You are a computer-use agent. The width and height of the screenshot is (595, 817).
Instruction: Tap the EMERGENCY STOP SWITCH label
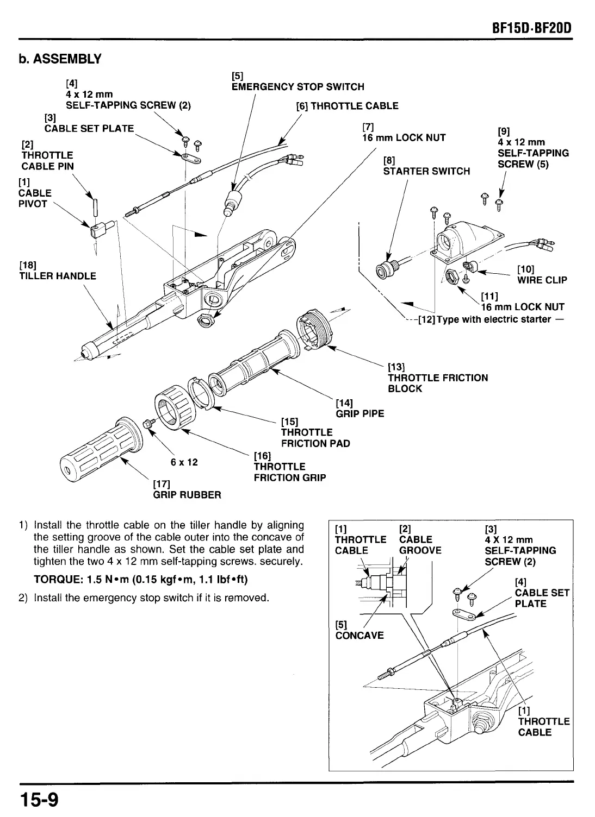297,87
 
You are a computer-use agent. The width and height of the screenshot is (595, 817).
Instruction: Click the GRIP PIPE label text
360,413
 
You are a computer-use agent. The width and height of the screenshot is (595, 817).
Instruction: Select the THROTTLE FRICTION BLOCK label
437,383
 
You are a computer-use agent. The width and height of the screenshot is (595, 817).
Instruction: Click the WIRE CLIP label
542,280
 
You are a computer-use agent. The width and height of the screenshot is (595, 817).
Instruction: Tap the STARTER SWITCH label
426,171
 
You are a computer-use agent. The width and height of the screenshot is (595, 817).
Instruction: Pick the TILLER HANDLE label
58,276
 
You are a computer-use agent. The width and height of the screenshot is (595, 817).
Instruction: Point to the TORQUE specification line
140,580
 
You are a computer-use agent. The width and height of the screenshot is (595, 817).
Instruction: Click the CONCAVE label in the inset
359,635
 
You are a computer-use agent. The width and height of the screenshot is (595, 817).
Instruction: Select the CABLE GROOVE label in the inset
420,550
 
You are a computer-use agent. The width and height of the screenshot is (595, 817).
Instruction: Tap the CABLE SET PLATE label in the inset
541,598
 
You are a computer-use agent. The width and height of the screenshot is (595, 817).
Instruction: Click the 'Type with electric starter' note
489,319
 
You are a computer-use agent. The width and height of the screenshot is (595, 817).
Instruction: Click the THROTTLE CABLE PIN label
47,161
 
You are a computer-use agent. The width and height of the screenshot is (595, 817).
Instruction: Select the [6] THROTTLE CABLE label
347,106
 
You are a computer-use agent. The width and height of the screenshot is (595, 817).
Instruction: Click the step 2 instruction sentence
151,598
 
